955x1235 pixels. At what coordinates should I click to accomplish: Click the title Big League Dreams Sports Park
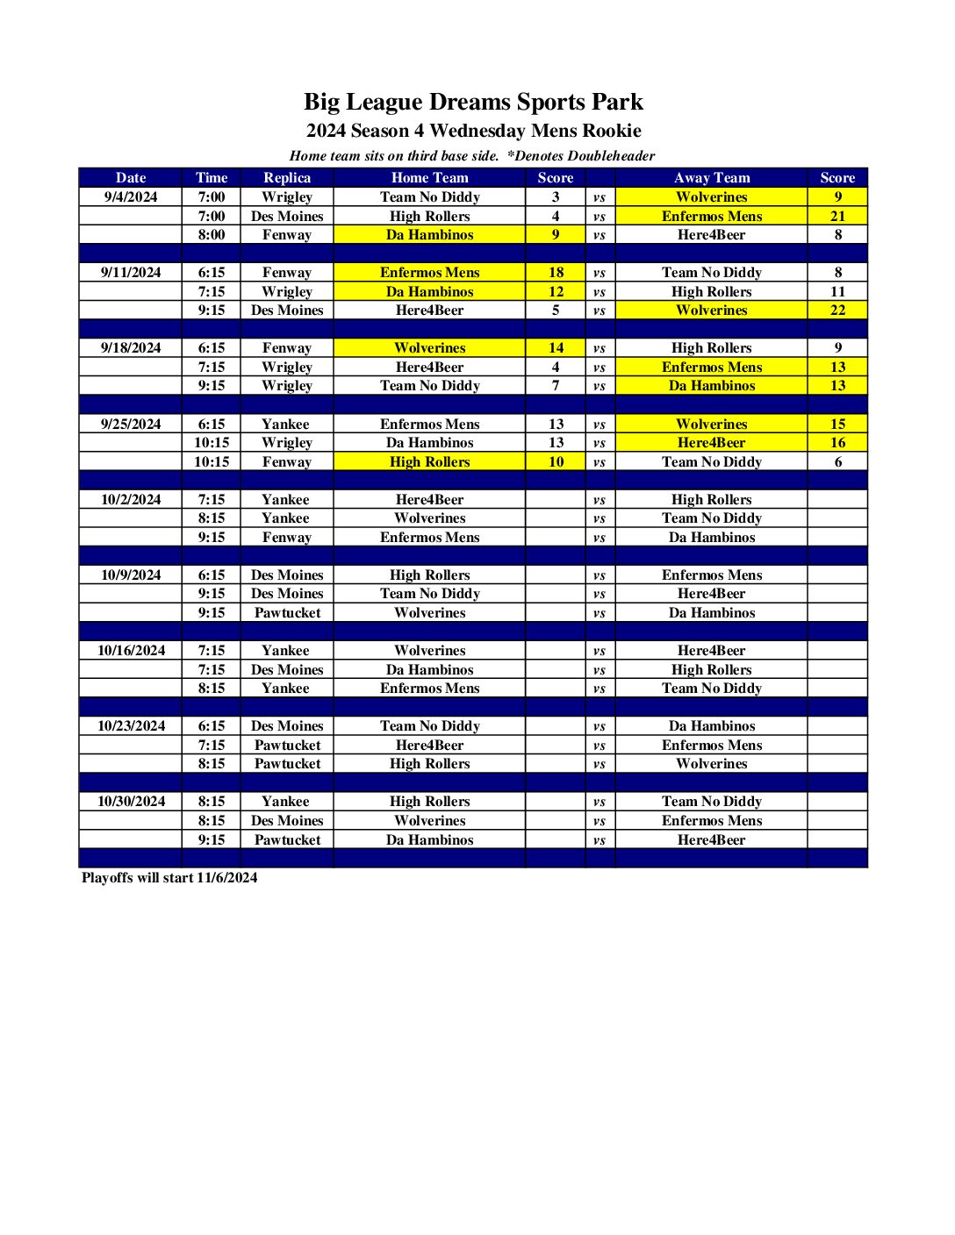click(x=473, y=102)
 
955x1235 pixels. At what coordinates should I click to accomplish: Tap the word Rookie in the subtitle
click(x=612, y=132)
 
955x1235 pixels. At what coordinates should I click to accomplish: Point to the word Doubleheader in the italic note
click(x=611, y=156)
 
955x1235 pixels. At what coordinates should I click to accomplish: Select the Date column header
click(x=131, y=178)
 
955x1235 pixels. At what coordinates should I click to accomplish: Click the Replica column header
click(x=287, y=178)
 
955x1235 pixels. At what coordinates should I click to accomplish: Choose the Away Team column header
click(x=712, y=178)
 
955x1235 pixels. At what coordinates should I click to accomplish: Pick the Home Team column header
click(x=430, y=178)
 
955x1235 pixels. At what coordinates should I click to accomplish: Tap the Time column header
click(x=212, y=178)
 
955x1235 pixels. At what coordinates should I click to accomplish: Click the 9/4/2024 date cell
click(x=131, y=197)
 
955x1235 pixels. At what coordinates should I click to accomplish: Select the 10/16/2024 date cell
click(x=131, y=651)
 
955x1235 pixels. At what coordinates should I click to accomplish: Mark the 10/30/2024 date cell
click(x=131, y=802)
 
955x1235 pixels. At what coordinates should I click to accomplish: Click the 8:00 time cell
click(x=212, y=235)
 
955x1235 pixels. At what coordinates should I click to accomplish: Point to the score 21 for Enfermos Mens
click(x=838, y=217)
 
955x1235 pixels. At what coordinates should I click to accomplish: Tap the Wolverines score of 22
click(x=838, y=311)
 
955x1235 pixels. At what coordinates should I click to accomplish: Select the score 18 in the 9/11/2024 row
click(x=556, y=273)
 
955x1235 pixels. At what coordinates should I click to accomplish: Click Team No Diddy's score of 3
click(x=556, y=197)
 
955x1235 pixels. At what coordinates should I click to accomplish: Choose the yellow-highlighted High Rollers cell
click(x=430, y=462)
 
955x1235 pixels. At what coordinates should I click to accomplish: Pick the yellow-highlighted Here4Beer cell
click(x=712, y=443)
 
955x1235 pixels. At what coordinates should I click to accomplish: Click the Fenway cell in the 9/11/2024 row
click(x=287, y=273)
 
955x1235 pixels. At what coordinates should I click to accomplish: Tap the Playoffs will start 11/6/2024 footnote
click(x=169, y=878)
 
